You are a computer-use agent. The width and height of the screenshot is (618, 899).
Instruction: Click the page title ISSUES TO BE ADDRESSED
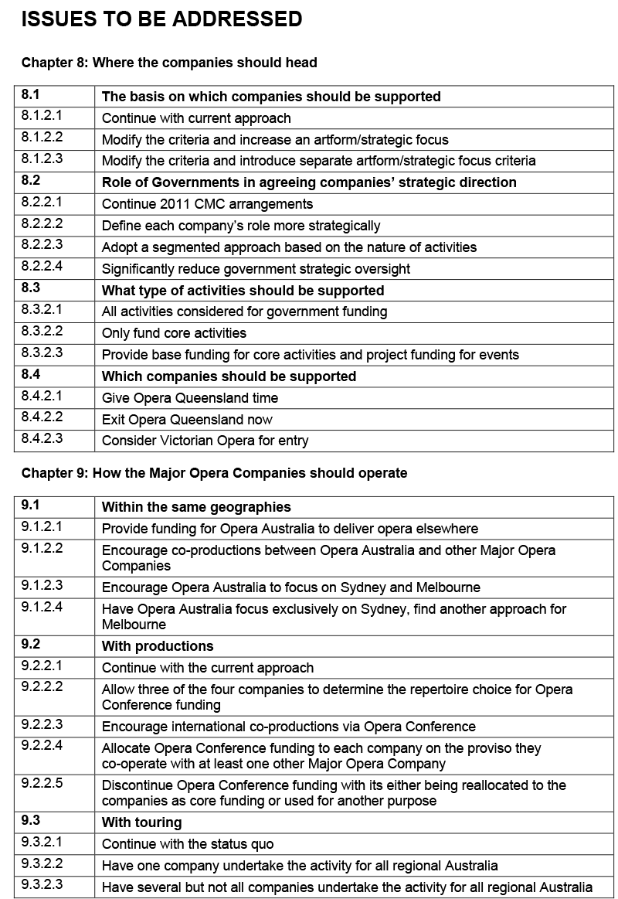161,19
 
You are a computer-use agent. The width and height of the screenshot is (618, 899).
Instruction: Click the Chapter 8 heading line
169,63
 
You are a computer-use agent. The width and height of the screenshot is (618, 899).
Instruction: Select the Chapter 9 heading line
214,472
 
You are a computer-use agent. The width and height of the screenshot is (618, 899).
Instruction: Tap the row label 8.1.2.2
42,139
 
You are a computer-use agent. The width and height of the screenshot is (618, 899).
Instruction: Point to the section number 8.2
30,182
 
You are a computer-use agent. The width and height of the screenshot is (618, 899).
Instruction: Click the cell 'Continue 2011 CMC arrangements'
207,204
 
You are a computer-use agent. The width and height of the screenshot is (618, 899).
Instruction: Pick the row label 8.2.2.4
42,268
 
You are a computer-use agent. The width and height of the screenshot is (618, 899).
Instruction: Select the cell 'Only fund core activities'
174,333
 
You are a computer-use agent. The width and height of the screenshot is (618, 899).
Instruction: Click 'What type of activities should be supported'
243,291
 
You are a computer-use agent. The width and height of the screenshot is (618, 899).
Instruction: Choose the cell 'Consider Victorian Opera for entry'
205,441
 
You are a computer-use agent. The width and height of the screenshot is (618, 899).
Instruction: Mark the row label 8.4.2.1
42,397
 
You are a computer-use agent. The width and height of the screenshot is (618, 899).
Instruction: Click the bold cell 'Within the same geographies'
196,507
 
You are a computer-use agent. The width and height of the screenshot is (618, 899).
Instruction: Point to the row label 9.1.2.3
42,587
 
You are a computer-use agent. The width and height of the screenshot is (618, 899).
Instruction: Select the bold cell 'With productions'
158,646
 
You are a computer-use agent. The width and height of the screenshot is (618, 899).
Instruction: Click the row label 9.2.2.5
42,785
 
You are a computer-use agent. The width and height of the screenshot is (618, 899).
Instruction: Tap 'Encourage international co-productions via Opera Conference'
288,727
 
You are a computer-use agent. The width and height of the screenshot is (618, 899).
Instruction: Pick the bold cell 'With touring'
141,822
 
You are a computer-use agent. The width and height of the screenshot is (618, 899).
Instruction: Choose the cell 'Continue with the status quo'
188,844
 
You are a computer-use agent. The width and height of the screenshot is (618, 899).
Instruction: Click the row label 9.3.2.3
42,887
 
